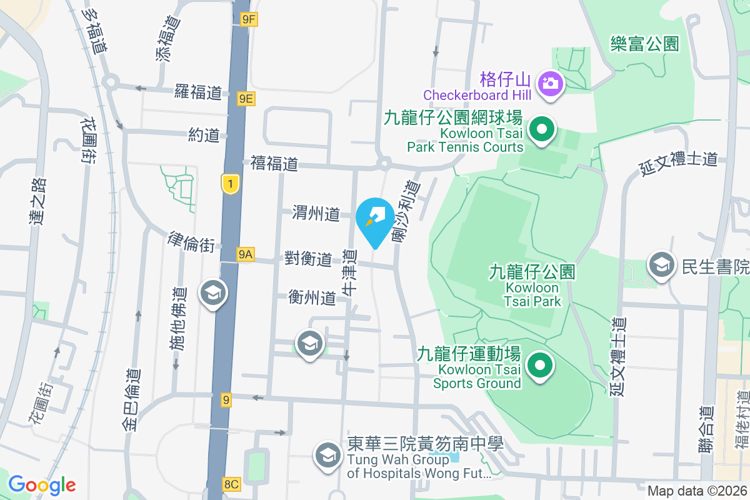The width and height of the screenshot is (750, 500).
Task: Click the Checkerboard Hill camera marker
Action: [551, 83]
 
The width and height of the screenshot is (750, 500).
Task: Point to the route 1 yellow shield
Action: [231, 184]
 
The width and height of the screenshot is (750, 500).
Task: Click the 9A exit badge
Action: [246, 254]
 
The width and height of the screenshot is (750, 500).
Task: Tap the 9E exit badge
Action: [246, 98]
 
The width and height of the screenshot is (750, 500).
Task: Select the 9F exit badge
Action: [249, 19]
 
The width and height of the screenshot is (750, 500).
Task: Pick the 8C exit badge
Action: [231, 484]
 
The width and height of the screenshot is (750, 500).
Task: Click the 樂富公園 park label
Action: [645, 43]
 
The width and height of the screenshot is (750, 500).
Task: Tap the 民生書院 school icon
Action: [660, 266]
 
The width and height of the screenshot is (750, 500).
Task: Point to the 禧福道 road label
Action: [274, 164]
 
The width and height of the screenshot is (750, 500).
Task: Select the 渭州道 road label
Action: [316, 214]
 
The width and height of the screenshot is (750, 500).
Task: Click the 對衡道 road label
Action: [309, 258]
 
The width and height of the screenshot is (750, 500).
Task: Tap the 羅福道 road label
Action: [198, 93]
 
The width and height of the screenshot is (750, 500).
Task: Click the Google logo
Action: [42, 484]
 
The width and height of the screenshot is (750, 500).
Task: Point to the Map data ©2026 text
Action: [696, 491]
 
